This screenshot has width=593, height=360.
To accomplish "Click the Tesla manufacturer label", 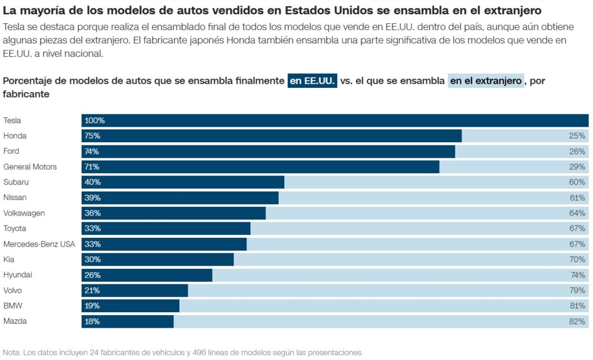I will click(12, 121).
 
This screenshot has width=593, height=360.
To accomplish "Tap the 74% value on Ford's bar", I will click(92, 152).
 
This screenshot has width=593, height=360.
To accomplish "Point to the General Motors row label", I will click(30, 167).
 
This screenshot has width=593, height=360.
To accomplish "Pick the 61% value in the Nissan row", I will click(577, 198).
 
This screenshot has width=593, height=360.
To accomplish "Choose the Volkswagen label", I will click(24, 213).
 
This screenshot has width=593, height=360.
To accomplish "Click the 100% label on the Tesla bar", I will click(94, 121).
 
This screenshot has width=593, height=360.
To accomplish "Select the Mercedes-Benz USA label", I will click(39, 244).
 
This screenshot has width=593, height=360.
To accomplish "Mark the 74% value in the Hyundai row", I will click(577, 275).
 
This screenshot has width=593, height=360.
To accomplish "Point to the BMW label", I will click(12, 306).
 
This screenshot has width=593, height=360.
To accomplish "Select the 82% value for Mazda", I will click(577, 321).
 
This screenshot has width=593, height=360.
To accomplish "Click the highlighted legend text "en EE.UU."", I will click(312, 81).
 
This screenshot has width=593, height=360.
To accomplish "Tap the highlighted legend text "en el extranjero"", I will click(486, 81).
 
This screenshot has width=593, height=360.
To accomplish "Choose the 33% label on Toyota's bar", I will click(92, 229).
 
